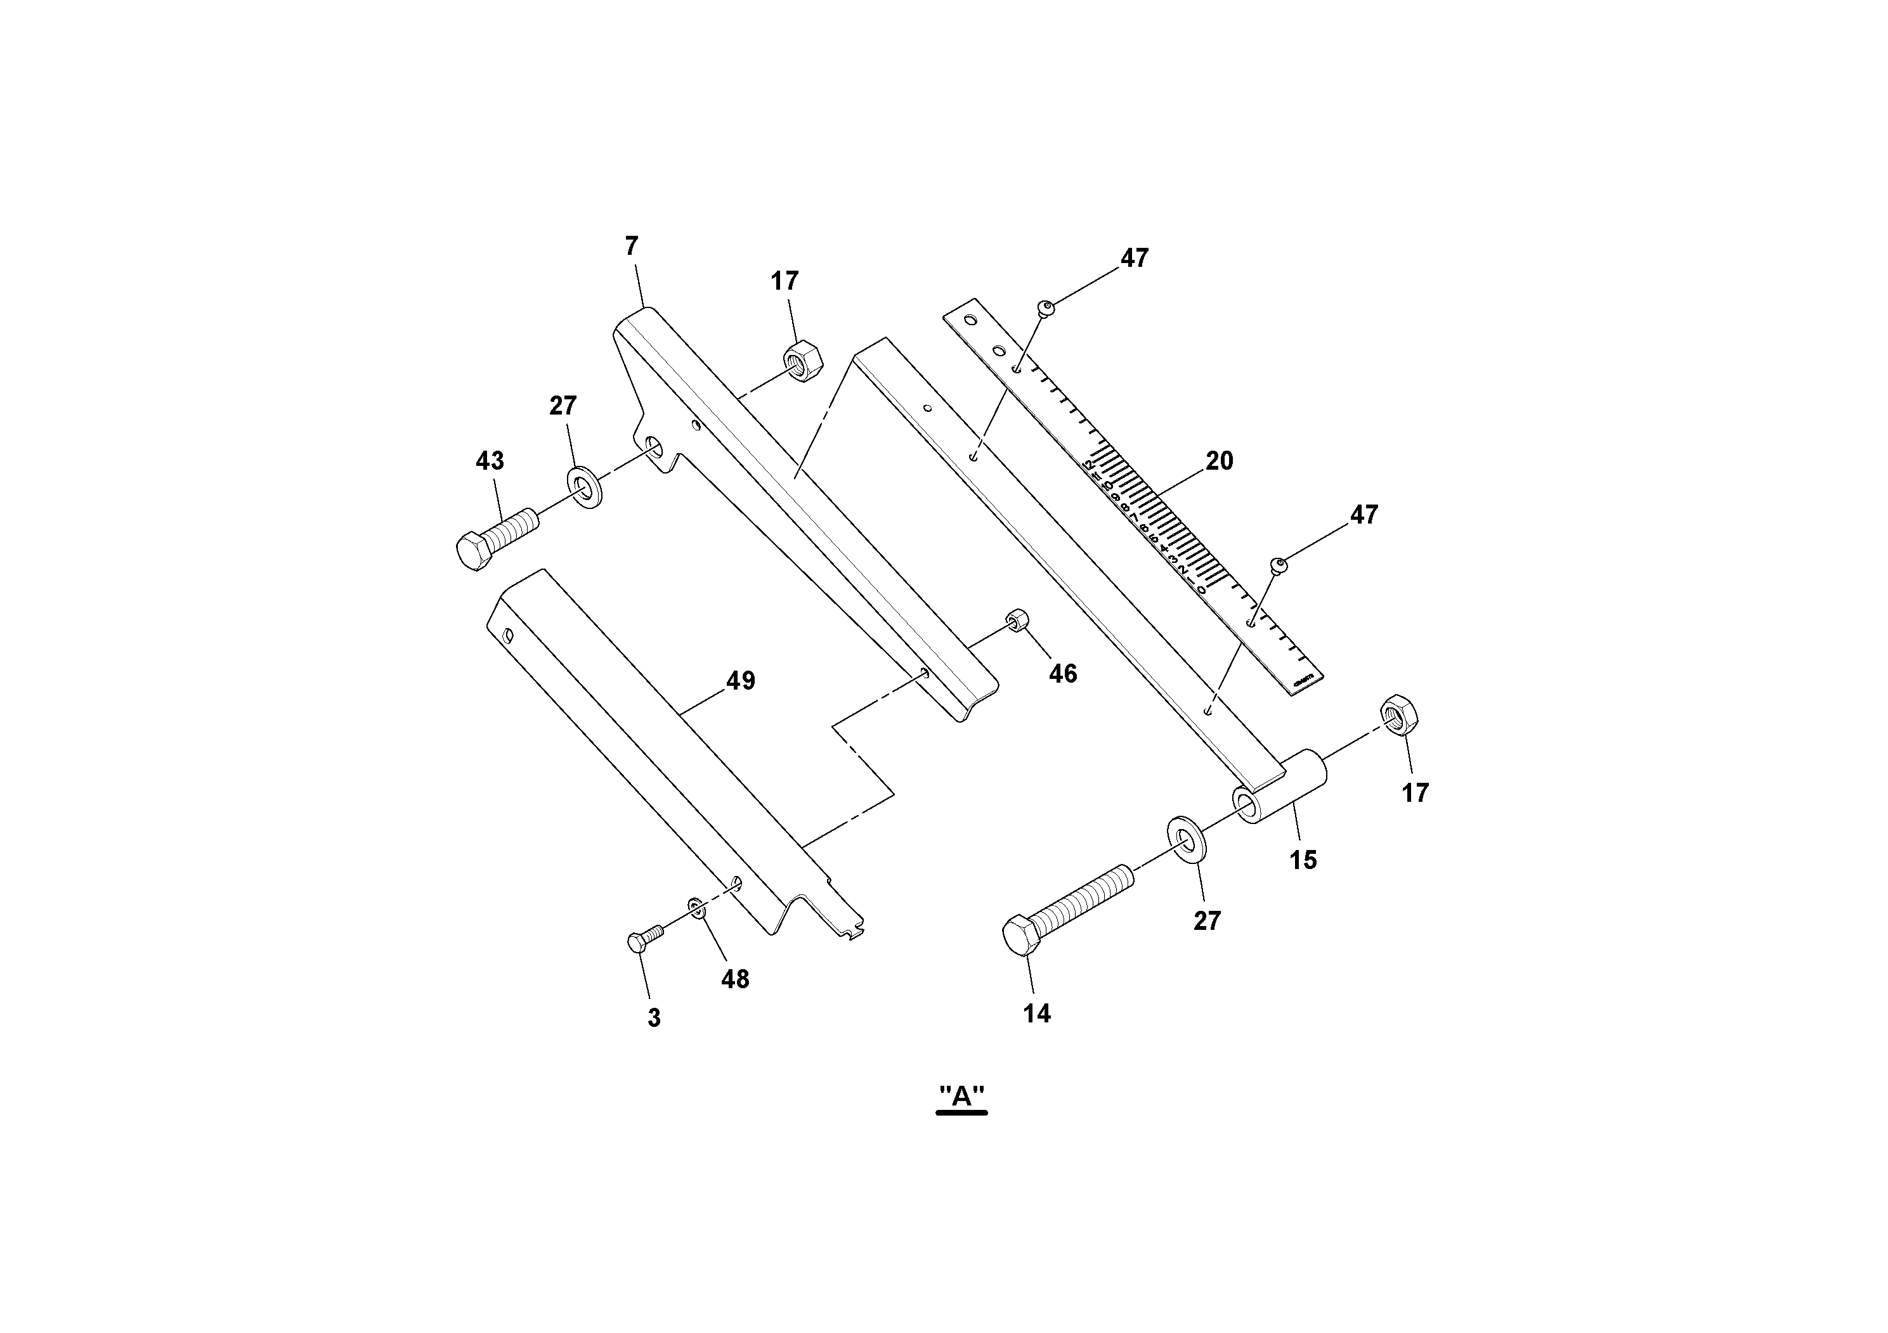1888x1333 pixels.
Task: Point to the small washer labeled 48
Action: click(696, 907)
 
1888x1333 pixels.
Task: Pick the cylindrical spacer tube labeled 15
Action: click(1279, 788)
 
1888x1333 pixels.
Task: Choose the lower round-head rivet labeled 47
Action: click(1279, 565)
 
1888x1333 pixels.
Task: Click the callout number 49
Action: click(740, 681)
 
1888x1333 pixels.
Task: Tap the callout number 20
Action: click(1219, 461)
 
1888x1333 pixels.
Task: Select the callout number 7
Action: click(632, 246)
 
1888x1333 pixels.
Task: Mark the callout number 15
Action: click(1303, 860)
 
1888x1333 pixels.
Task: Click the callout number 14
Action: click(1036, 1014)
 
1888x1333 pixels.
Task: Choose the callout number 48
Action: click(735, 979)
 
